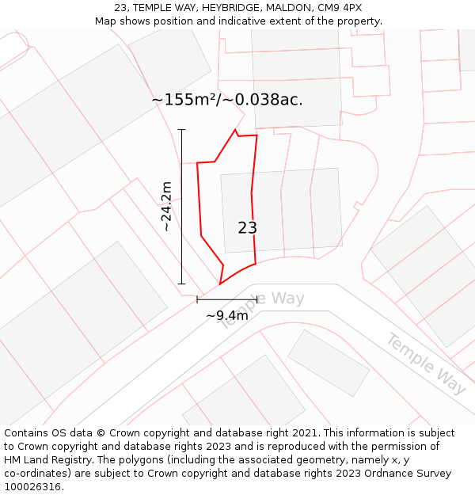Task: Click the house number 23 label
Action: point(247,228)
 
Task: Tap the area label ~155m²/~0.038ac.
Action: point(227,100)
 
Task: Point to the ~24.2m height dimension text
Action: point(166,206)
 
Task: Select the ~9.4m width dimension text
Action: point(227,316)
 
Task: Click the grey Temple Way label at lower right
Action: point(425,364)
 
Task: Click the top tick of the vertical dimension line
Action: point(181,129)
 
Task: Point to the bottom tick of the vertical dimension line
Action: point(181,284)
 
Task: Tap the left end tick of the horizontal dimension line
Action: point(197,299)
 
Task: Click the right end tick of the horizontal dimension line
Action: point(257,299)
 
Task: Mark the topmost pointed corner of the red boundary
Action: point(235,129)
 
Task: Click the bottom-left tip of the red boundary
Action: point(220,284)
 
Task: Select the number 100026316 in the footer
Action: point(32,487)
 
